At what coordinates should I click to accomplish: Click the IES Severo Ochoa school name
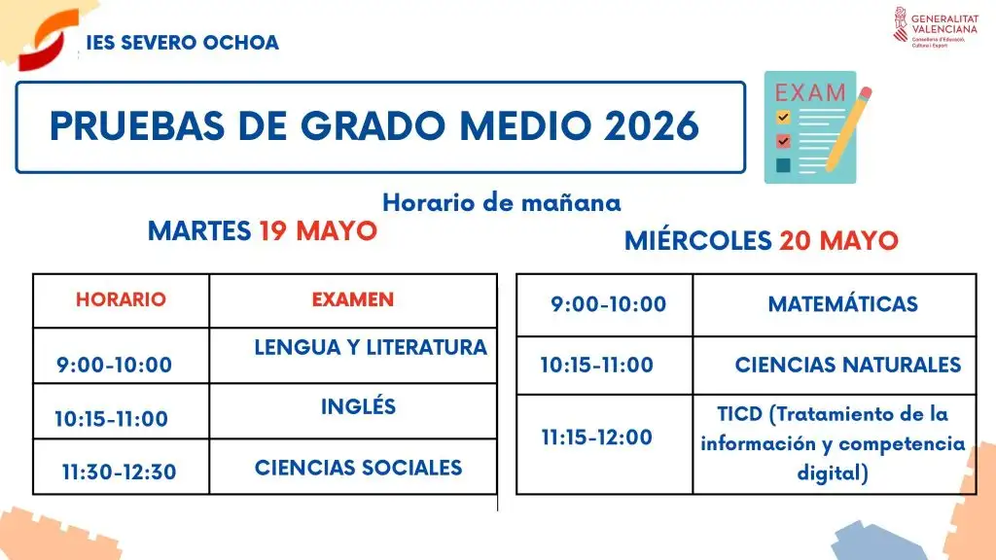click(x=182, y=43)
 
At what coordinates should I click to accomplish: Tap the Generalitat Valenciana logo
click(x=935, y=27)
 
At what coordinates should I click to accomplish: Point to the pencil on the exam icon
click(x=848, y=130)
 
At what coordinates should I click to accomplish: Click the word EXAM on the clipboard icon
click(x=810, y=92)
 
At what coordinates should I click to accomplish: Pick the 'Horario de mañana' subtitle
click(x=501, y=203)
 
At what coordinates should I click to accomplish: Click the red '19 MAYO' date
click(x=318, y=231)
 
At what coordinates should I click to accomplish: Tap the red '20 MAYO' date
click(x=839, y=241)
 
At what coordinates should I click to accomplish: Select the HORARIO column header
click(x=121, y=299)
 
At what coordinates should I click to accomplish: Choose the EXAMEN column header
click(x=352, y=299)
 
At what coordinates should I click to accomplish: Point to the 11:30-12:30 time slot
click(x=120, y=472)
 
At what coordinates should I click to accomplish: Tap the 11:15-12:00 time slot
click(x=597, y=437)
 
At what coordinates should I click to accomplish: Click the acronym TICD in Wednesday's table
click(x=739, y=414)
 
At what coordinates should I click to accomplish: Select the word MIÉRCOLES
click(x=698, y=241)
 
